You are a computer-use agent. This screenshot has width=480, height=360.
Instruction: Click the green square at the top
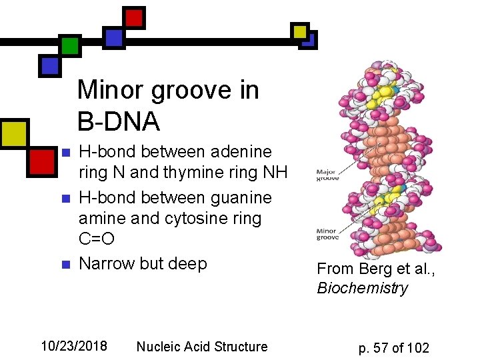point(70,45)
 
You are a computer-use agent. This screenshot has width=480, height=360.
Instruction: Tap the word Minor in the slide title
point(111,90)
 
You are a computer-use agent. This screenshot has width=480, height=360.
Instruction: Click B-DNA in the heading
point(119,121)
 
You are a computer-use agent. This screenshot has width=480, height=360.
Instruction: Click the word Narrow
point(107,263)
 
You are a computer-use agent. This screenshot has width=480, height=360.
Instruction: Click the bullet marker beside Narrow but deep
point(65,265)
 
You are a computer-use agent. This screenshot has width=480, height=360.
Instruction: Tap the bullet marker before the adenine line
point(65,154)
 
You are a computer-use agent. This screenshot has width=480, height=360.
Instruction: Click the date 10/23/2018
point(74,346)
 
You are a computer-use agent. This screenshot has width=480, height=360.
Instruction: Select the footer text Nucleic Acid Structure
point(201,346)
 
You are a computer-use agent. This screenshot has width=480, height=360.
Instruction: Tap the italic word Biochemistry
point(362,288)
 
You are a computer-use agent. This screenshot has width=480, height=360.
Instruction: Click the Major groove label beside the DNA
point(327,175)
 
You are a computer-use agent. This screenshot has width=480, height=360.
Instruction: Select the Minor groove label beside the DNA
point(327,234)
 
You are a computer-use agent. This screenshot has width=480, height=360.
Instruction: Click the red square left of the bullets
point(42,161)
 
